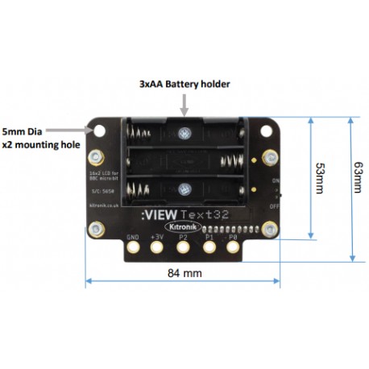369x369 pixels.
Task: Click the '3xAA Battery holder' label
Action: (184, 84)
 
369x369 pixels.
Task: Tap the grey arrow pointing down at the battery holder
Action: (184, 103)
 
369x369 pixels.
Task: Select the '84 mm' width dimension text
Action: (184, 273)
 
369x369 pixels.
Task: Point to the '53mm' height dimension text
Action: (320, 177)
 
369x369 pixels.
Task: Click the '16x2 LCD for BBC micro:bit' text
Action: (102, 177)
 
